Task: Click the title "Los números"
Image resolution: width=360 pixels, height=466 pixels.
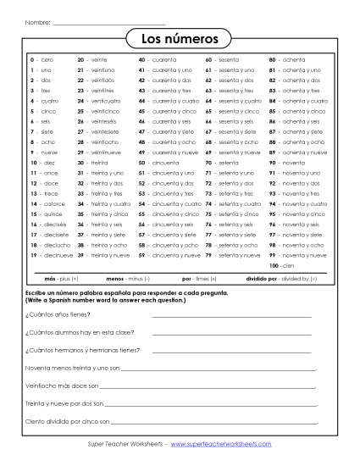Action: tap(180, 39)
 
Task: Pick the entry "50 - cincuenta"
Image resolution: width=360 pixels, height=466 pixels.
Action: tap(158, 162)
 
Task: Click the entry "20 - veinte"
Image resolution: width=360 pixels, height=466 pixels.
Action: tap(92, 60)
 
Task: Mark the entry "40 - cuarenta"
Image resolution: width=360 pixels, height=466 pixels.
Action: tap(158, 60)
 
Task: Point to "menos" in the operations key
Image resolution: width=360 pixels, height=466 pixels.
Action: tap(116, 278)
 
